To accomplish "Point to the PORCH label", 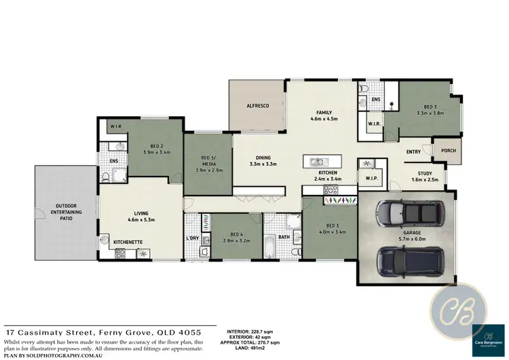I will [x=448, y=151].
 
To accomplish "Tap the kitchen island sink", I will [x=317, y=162].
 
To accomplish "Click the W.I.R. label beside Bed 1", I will [x=373, y=124].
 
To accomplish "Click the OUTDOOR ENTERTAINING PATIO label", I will [x=60, y=211].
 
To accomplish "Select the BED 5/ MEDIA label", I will [x=208, y=161].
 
